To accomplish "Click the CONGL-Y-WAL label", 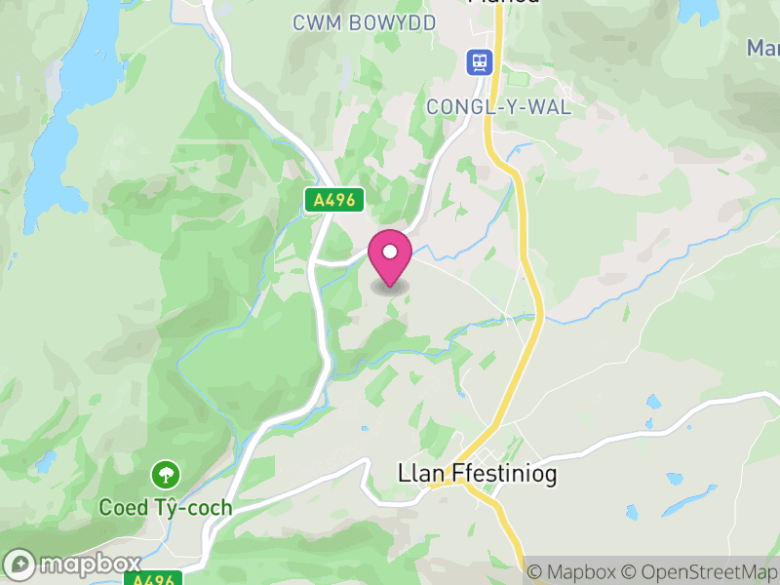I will click(x=498, y=106).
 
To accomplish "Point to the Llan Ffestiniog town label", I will click(x=465, y=473).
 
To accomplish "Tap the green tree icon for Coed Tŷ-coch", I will click(x=166, y=476).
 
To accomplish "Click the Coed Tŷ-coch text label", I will click(x=166, y=507).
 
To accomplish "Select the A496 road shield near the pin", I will click(x=333, y=201).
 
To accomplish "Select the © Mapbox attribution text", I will click(x=575, y=571).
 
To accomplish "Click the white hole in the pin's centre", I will click(x=390, y=253).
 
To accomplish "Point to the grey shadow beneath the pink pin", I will click(x=390, y=287).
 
